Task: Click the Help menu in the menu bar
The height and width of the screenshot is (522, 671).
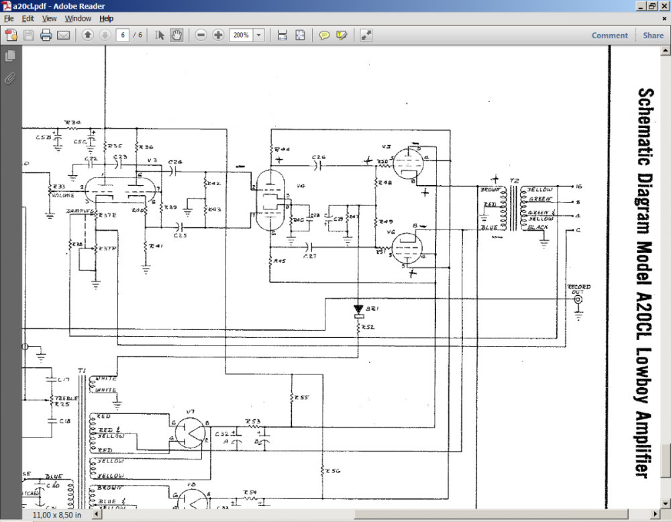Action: tap(106, 19)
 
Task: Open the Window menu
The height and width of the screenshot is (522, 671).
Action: tap(78, 19)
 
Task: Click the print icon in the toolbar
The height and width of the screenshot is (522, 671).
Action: tap(46, 36)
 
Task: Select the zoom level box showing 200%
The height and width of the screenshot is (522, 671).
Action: tap(242, 36)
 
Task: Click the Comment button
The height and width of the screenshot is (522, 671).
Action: tap(609, 36)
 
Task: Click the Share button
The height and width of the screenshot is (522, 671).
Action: tap(653, 36)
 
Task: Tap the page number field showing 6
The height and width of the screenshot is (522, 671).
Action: tap(122, 36)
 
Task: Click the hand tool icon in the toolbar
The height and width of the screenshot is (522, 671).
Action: tap(176, 36)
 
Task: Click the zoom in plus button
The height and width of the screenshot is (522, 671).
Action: tap(218, 36)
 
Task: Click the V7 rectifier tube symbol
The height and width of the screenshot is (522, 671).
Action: tap(192, 431)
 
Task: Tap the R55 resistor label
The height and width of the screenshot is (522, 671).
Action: tap(302, 398)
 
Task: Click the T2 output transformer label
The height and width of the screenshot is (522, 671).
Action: tap(515, 181)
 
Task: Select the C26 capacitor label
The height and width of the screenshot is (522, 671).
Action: tap(318, 156)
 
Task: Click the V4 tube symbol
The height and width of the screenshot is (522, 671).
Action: tap(270, 199)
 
